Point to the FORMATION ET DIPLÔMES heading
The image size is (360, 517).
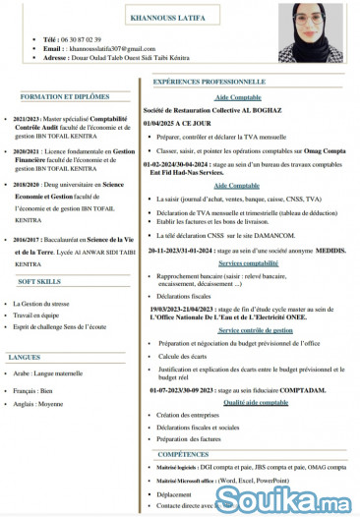(64, 98)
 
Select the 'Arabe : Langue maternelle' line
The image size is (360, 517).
(59, 374)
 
